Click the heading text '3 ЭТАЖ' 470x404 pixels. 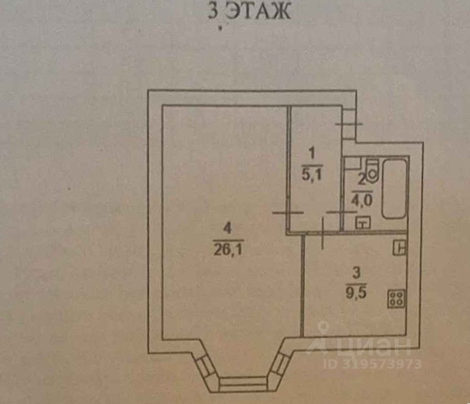(249, 12)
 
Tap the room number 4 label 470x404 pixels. (227, 229)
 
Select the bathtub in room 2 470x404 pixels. (394, 188)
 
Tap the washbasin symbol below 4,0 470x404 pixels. (362, 222)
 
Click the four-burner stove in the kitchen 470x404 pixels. (396, 299)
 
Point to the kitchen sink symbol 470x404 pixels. (400, 246)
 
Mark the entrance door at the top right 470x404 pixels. (348, 123)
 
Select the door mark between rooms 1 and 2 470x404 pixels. (341, 212)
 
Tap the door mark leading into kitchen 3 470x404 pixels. (322, 234)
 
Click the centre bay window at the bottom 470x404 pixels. (243, 383)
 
